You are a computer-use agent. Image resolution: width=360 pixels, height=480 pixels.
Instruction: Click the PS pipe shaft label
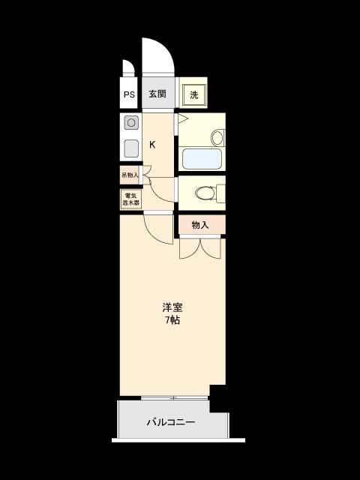129,94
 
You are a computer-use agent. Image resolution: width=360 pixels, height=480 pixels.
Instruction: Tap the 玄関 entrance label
157,94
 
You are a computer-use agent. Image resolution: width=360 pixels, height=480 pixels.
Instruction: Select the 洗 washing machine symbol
194,95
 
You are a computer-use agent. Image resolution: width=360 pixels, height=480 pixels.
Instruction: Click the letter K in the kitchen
152,145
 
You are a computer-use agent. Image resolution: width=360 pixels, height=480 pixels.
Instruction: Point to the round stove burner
131,123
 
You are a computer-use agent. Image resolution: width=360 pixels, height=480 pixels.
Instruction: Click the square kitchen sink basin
131,148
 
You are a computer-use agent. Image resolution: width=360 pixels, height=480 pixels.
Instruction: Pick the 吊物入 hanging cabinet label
130,175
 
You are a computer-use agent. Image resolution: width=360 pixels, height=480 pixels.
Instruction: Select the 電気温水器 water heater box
131,199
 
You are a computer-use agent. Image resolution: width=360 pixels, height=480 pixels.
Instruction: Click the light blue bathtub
202,158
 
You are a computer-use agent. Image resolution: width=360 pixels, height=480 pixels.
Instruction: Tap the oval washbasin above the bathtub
217,138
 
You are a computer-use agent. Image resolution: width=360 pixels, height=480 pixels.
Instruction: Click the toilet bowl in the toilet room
205,193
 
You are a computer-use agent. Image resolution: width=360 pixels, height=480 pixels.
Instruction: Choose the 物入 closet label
200,225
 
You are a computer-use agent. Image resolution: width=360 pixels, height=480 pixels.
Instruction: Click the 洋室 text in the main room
172,307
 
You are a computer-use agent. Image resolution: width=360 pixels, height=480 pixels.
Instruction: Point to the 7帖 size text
172,320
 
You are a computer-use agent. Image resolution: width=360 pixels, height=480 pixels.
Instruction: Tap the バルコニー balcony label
171,422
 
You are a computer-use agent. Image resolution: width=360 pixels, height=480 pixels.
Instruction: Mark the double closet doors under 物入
200,248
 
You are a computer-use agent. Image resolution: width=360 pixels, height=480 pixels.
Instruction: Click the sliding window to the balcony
174,398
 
